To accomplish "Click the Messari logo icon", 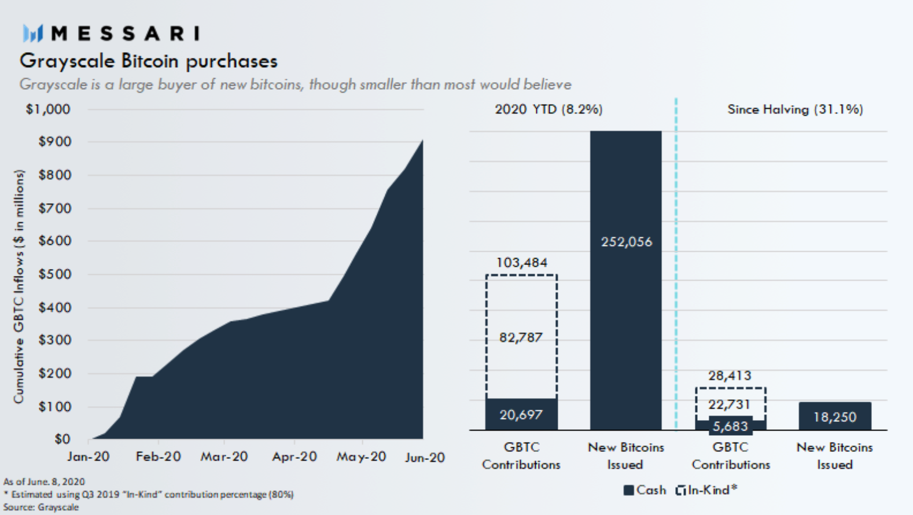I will pyautogui.click(x=33, y=34).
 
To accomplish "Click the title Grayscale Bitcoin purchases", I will pyautogui.click(x=149, y=61).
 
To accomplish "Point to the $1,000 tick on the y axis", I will pyautogui.click(x=48, y=109).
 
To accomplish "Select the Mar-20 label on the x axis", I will pyautogui.click(x=224, y=457).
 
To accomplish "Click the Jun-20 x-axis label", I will pyautogui.click(x=425, y=458).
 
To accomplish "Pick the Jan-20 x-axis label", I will pyautogui.click(x=88, y=457).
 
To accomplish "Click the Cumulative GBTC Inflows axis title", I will pyautogui.click(x=19, y=286).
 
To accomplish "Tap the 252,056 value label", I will pyautogui.click(x=626, y=242).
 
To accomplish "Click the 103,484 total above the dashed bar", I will pyautogui.click(x=521, y=263).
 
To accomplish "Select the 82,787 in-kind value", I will pyautogui.click(x=521, y=337).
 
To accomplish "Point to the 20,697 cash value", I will pyautogui.click(x=521, y=415).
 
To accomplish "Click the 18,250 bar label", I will pyautogui.click(x=834, y=417).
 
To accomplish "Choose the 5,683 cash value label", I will pyautogui.click(x=730, y=426).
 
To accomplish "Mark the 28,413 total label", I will pyautogui.click(x=730, y=376).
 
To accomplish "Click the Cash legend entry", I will pyautogui.click(x=645, y=490).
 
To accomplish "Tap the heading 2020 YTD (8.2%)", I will pyautogui.click(x=548, y=109).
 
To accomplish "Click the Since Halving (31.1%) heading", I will pyautogui.click(x=795, y=109).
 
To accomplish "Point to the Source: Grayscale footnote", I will pyautogui.click(x=41, y=507).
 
